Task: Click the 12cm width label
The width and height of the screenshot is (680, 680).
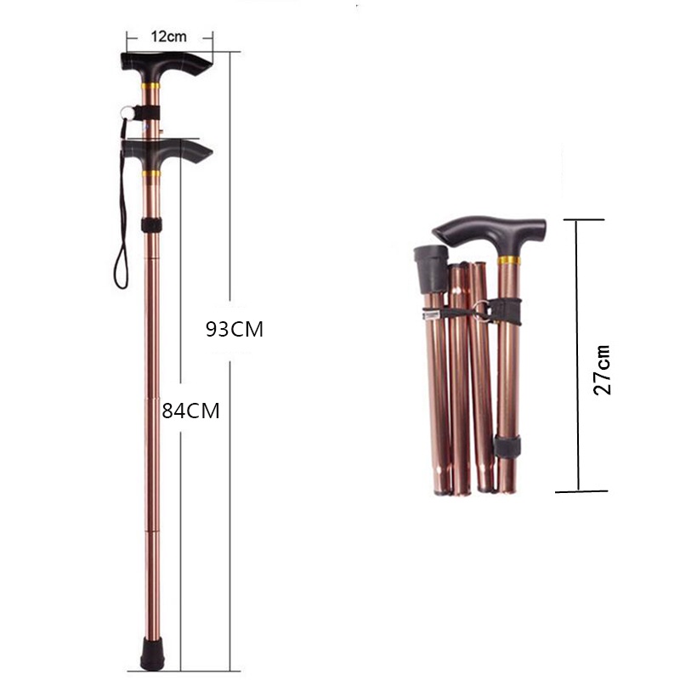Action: coord(168,37)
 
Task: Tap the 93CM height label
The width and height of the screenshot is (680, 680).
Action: coord(235,329)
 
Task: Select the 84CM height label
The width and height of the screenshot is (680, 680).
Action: coord(190,411)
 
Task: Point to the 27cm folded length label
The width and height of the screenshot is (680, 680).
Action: coord(602,370)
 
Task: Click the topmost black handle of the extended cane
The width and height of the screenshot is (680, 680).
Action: coord(166,65)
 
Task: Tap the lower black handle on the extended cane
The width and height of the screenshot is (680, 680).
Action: coord(167,153)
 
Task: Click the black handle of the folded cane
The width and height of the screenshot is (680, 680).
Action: coord(490,235)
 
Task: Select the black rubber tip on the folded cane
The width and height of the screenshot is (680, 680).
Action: coord(432,268)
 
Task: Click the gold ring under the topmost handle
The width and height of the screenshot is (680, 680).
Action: coord(150,86)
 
